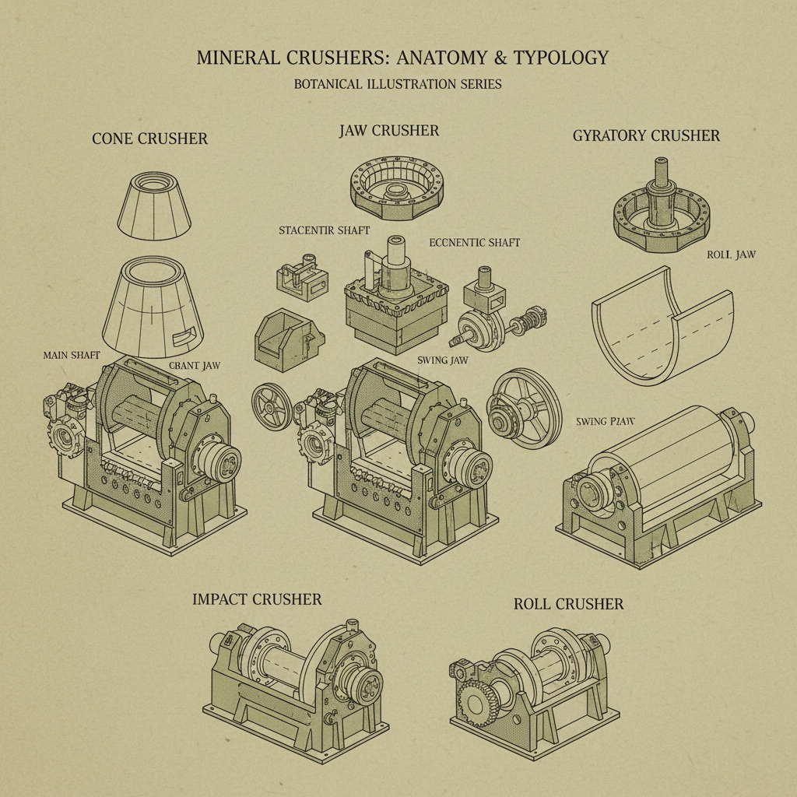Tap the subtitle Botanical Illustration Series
tap(398, 84)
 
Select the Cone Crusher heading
tap(149, 139)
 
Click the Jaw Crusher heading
tap(389, 131)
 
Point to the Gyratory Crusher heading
tap(646, 135)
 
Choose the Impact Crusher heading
tap(257, 599)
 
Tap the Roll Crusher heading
tap(568, 604)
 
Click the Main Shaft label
tap(72, 355)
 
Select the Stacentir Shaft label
tap(325, 230)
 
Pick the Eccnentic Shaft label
tap(474, 243)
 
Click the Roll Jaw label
tap(731, 255)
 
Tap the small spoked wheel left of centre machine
tap(272, 406)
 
